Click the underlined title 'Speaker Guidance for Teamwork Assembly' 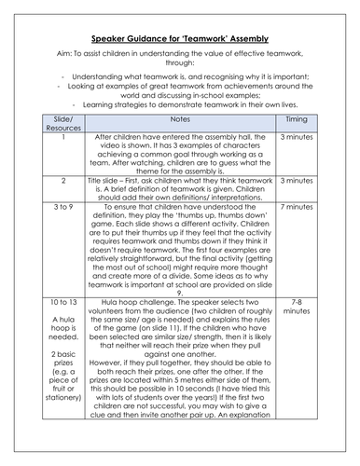pos(180,39)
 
